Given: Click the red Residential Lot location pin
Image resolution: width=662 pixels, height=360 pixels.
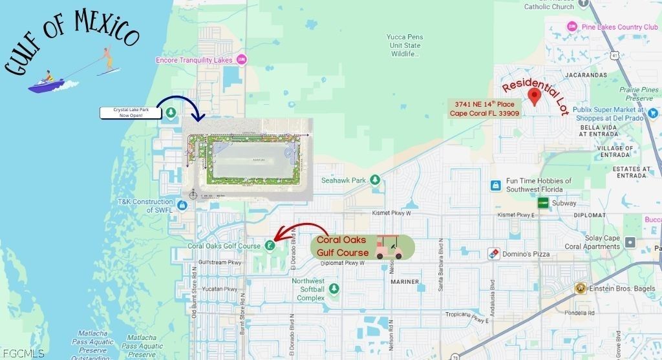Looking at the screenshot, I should pos(534,97).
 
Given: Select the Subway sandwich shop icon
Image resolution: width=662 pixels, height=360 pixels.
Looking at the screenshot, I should pos(543,203).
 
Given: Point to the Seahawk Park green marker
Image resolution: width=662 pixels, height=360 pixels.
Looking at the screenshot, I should pos(374,180).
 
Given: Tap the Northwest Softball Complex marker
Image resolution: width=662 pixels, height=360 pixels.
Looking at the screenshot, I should pos(334,288).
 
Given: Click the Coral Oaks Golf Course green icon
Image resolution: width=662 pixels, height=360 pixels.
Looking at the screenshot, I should pos(268,246).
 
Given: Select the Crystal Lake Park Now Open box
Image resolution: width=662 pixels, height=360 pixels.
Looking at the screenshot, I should pos(131,113).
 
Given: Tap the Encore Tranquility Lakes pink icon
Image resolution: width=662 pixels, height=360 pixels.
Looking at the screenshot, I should pos(242,60).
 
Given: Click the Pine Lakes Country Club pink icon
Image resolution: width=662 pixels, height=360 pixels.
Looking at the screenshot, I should pos(571,26).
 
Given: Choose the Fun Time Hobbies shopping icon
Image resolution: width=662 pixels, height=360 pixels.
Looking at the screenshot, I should pos(495,185).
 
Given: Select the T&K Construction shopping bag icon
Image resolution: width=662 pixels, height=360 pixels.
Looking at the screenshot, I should pos(182,206).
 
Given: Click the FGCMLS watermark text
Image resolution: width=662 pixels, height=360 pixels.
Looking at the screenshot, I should pos(23,354).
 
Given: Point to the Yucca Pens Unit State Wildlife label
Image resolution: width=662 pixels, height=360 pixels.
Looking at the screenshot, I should pos(404,45).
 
